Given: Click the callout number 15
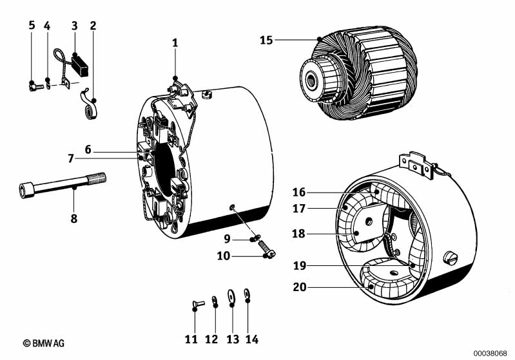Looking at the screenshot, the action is tap(266, 41).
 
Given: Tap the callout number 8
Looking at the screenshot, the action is tap(74, 218).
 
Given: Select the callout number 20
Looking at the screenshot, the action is tap(299, 287).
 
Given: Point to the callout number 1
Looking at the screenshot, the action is tap(175, 43).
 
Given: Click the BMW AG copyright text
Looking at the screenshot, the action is tap(44, 343).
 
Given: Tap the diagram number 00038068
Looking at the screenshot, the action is tap(490, 354).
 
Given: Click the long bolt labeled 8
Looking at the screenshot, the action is tap(63, 185).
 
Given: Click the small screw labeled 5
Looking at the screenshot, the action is tap(36, 86).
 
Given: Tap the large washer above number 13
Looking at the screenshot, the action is tap(231, 296).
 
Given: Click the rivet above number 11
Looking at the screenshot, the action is tap(198, 303).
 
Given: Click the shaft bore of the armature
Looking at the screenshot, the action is tap(311, 79).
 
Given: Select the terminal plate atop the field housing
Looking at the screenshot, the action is tap(416, 165).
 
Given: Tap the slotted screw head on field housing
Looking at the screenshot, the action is tap(450, 258).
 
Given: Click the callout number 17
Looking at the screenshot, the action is tap(299, 209).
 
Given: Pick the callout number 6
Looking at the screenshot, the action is tap(88, 149).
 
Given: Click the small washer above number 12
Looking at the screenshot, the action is tap(215, 299).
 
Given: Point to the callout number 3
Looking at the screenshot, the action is tap(75, 25).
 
